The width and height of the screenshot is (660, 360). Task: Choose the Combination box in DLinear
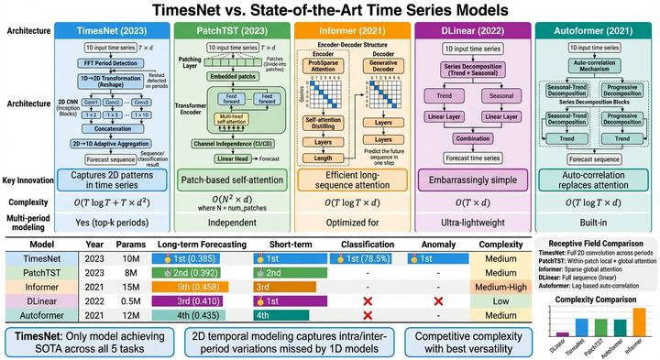(472, 138)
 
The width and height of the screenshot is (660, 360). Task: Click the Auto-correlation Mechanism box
(592, 67)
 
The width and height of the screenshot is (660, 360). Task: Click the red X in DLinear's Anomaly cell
(437, 299)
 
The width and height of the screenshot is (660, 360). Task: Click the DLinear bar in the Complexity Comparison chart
(562, 334)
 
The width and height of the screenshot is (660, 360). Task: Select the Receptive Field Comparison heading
(596, 243)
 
